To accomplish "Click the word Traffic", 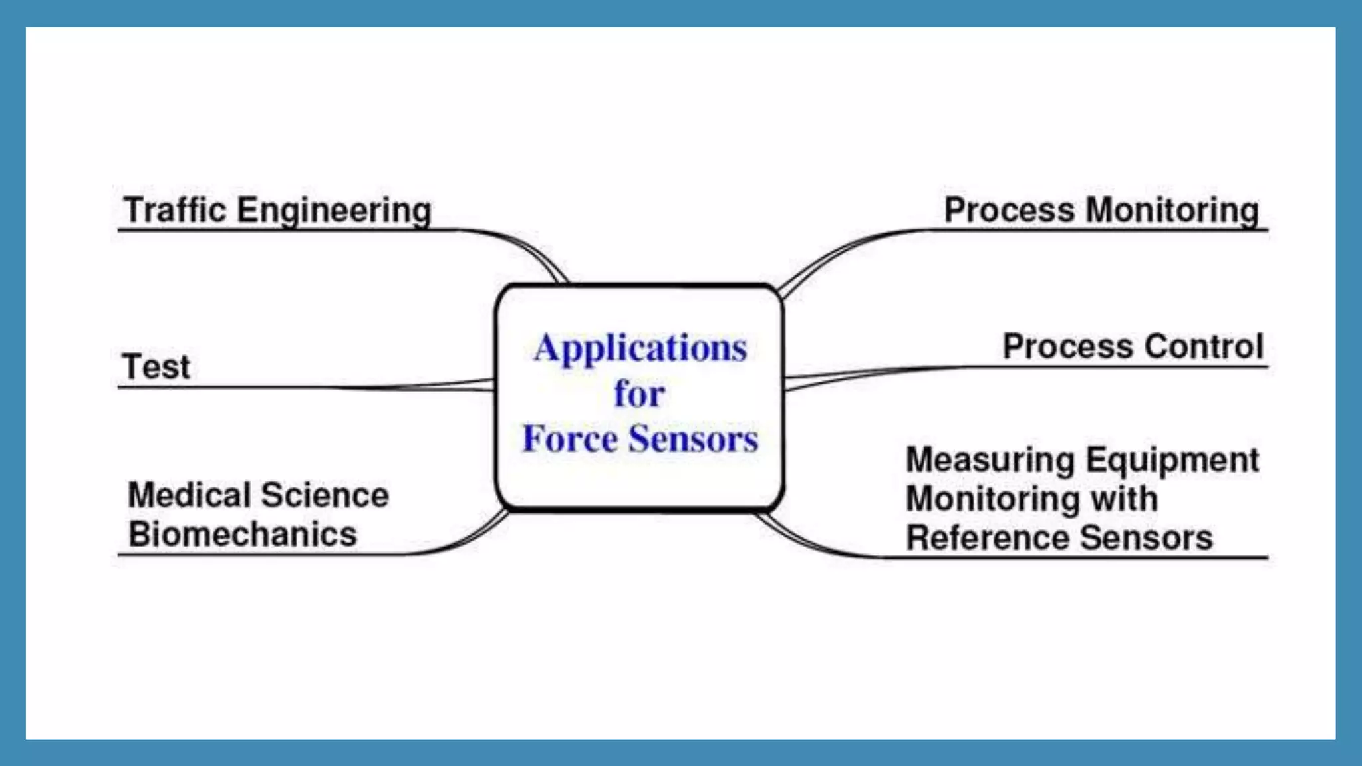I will coord(175,210).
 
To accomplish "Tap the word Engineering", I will coord(335,211).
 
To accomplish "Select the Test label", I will coord(156,366).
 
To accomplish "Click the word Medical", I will coord(189,495).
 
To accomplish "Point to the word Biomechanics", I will coord(243,534).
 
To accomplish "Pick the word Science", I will coord(325,495).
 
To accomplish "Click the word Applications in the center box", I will coord(640,348).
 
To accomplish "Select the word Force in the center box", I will coord(570,438).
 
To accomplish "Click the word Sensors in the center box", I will coord(694,438).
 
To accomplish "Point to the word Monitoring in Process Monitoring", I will coord(1172,211).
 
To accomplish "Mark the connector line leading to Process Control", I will coord(865,373).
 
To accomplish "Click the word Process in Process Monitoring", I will coord(1009,211).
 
